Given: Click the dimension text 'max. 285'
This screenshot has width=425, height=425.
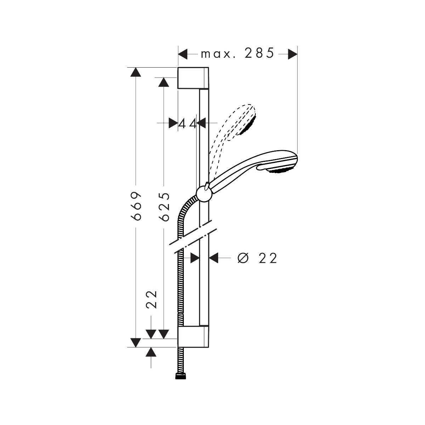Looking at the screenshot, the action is point(237,53).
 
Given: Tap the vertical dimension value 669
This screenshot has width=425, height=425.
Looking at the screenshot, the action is point(136,206).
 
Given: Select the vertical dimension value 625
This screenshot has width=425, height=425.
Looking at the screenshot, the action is point(164,206).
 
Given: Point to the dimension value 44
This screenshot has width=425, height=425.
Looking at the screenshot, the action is point(187,124).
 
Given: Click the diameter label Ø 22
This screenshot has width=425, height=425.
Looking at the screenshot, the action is point(257,258).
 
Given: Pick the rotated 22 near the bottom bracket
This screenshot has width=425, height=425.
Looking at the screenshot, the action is point(151,299).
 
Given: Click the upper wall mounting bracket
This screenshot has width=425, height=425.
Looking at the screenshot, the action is point(193,78).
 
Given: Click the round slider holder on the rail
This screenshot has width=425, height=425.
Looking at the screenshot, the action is point(204,194).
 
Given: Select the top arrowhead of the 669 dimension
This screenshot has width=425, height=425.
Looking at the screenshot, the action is point(136,72).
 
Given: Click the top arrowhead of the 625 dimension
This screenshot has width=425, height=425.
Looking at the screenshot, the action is point(164,82).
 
